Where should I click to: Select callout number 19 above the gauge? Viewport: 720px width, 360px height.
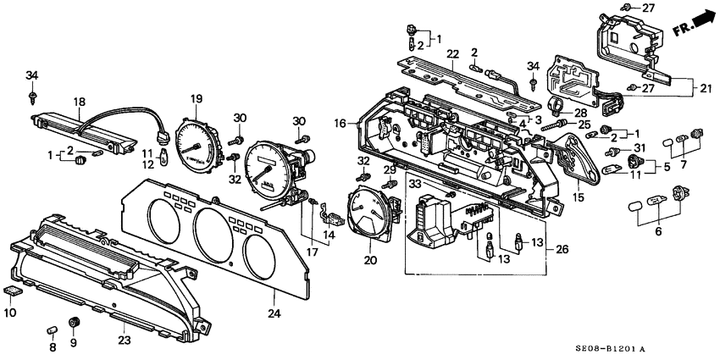(x=196, y=99)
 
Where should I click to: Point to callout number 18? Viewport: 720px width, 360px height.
(x=79, y=102)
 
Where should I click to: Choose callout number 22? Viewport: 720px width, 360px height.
(x=453, y=54)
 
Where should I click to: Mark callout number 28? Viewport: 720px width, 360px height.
(x=580, y=113)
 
